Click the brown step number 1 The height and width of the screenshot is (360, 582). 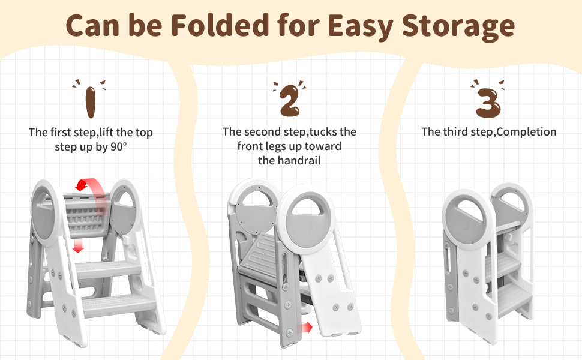[x=90, y=101]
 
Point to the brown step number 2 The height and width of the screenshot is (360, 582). [x=289, y=100]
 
